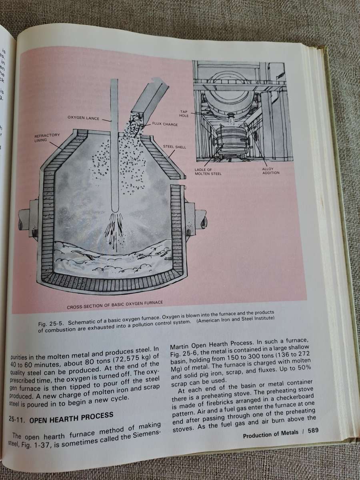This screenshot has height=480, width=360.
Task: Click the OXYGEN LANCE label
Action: (83, 118)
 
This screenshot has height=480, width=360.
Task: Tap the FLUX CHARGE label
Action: (164, 124)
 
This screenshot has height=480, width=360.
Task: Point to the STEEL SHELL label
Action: (175, 147)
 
